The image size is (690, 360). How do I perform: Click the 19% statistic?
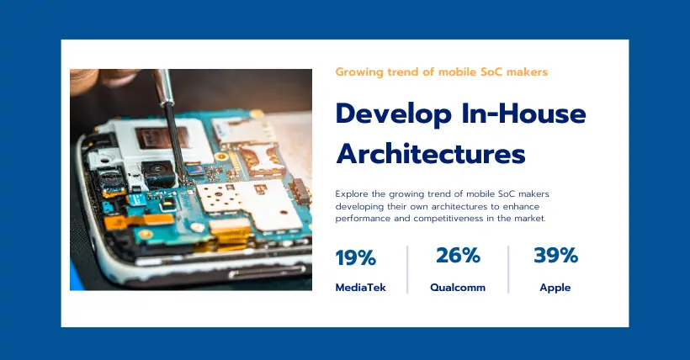[356, 258]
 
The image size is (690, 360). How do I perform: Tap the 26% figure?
[458, 255]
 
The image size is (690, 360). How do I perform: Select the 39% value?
[555, 255]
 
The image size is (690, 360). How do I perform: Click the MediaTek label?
[360, 288]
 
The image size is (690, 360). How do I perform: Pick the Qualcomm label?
[458, 288]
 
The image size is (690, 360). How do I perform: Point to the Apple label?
[555, 288]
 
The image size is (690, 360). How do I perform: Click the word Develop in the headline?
[394, 114]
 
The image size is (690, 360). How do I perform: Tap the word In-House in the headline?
[524, 113]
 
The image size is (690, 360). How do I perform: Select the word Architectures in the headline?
[430, 153]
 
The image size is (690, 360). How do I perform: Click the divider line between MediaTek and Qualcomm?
[407, 269]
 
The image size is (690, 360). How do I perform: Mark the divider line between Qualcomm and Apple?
[509, 269]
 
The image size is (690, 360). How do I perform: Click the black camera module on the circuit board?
[158, 174]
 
